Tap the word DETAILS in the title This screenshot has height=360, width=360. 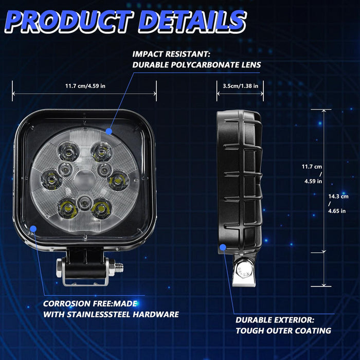tap(191, 22)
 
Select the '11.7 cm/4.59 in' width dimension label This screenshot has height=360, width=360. tap(85, 86)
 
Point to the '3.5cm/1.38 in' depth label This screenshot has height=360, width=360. tap(237, 86)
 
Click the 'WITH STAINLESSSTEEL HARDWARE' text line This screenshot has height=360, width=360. tap(111, 314)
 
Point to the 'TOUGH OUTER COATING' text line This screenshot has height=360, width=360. tap(283, 331)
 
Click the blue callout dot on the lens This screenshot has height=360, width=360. tap(109, 132)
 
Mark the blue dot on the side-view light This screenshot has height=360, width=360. tap(223, 247)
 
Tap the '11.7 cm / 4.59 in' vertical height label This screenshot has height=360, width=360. tap(312, 174)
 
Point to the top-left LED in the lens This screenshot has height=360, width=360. tap(67, 151)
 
